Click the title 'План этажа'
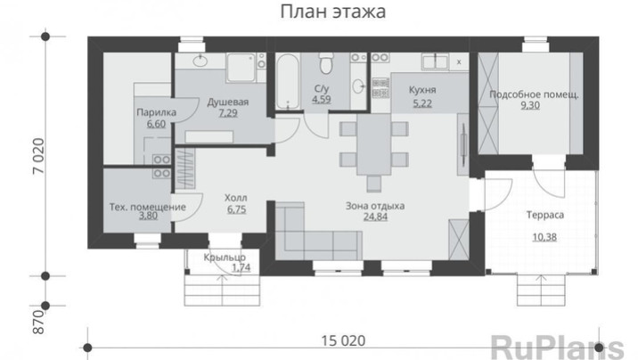pos(333,12)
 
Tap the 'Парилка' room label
pos(156,112)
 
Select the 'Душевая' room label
pos(228,102)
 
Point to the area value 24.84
pos(375,217)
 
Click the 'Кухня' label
pos(422,90)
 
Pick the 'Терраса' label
pos(545,215)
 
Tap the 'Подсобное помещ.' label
pos(534,94)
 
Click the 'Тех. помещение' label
pos(148,207)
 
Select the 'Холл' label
pos(236,198)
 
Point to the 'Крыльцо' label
pos(225,258)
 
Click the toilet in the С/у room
pos(325,63)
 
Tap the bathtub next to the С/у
pos(288,81)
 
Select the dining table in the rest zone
pos(374,144)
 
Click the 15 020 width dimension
pos(343,340)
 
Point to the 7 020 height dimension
pos(38,156)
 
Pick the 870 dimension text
pos(38,323)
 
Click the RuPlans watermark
pos(557,348)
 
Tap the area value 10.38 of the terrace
pos(544,237)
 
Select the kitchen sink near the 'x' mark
pos(436,61)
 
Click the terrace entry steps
pos(541,290)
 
